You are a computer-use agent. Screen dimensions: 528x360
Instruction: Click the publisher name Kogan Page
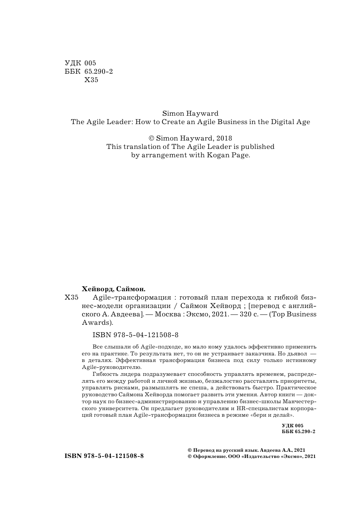point(232,155)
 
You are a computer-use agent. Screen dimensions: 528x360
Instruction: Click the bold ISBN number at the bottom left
point(104,456)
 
